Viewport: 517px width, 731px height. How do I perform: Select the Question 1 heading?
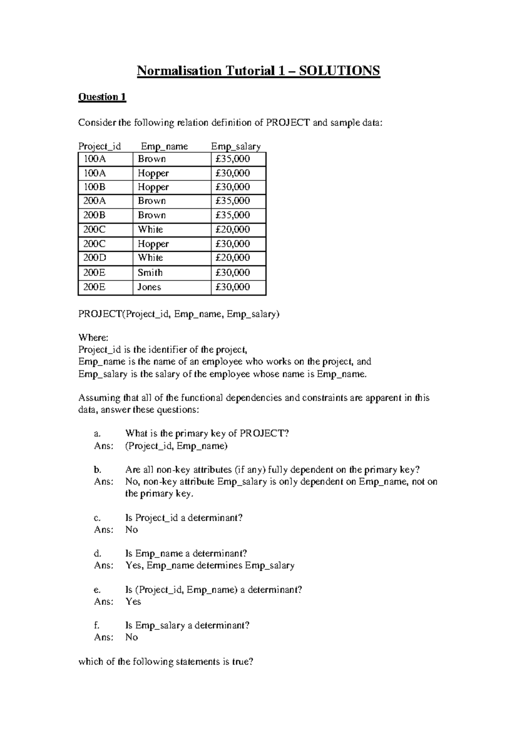click(102, 97)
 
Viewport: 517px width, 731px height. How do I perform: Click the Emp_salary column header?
click(236, 146)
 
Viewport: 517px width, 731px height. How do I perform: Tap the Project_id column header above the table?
click(100, 146)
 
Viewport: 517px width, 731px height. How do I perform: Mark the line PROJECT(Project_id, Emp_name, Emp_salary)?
click(179, 314)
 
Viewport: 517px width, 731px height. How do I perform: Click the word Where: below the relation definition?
click(93, 338)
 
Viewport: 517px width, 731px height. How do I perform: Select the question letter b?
click(97, 470)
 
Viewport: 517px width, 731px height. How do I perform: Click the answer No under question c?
click(131, 530)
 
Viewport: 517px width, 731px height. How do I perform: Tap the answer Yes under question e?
click(133, 602)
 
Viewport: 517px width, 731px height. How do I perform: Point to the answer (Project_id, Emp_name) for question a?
click(176, 446)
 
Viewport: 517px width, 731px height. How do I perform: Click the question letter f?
click(97, 626)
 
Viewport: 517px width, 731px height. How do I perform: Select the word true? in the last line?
click(242, 662)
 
